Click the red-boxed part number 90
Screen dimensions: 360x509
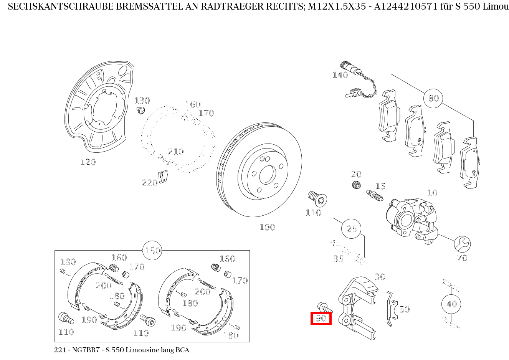(321, 318)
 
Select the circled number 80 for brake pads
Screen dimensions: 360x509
(433, 98)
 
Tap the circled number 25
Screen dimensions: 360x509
(352, 229)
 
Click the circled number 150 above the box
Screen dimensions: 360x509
(152, 251)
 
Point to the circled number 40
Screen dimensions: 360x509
(451, 304)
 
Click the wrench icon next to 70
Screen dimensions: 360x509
(462, 243)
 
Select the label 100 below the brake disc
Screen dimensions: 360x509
(267, 227)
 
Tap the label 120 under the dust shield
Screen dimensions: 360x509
(88, 162)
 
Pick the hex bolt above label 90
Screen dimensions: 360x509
(324, 307)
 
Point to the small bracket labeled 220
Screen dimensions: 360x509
(163, 177)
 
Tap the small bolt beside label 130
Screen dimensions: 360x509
(140, 111)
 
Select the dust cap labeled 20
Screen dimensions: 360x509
(357, 185)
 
